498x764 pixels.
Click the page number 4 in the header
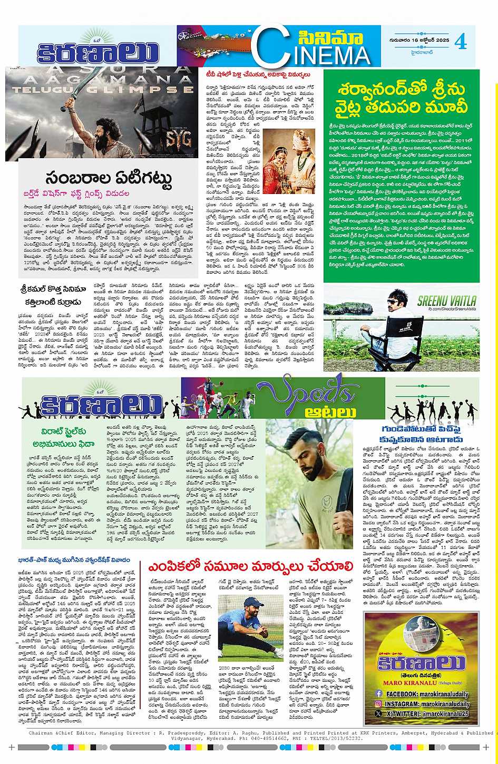[461, 42]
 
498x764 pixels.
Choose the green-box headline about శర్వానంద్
[402, 97]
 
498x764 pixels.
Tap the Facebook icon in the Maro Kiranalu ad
[378, 694]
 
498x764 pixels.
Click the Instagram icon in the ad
[378, 703]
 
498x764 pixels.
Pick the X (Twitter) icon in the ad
[378, 713]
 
